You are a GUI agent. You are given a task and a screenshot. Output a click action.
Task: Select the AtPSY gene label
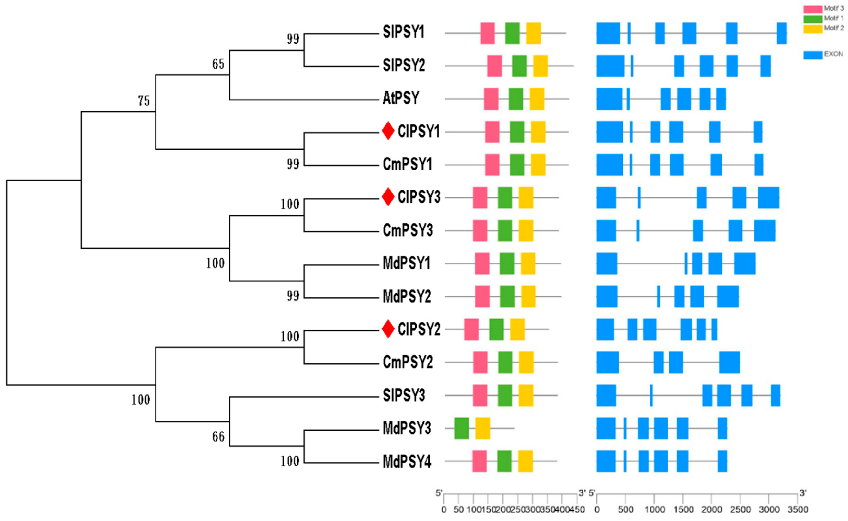click(x=401, y=98)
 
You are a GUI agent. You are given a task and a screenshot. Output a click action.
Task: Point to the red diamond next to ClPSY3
click(x=388, y=197)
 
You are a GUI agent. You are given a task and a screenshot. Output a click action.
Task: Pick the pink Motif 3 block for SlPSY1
click(x=487, y=33)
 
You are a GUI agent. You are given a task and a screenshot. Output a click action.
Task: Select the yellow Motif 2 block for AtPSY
click(x=537, y=99)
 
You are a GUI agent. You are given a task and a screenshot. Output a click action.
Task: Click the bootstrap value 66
click(x=218, y=437)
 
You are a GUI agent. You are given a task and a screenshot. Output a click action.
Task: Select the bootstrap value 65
click(x=218, y=64)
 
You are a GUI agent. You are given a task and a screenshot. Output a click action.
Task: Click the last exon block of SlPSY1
click(x=782, y=33)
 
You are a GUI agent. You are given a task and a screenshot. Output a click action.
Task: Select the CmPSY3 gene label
click(x=407, y=230)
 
